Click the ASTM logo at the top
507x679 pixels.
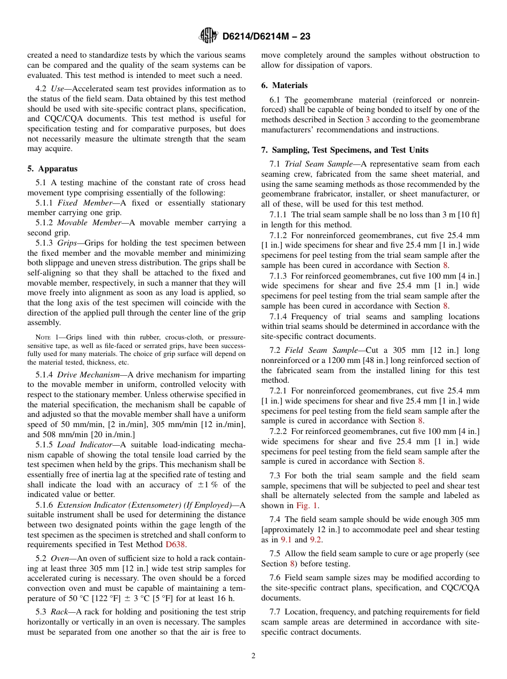coord(208,36)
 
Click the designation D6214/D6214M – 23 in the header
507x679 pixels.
coord(266,36)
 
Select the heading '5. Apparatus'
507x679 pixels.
coord(52,169)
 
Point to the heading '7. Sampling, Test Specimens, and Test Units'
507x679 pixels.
coord(345,150)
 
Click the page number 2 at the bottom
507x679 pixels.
coord(253,656)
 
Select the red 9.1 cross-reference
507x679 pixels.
coord(287,540)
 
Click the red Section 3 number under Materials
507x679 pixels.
coord(367,120)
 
